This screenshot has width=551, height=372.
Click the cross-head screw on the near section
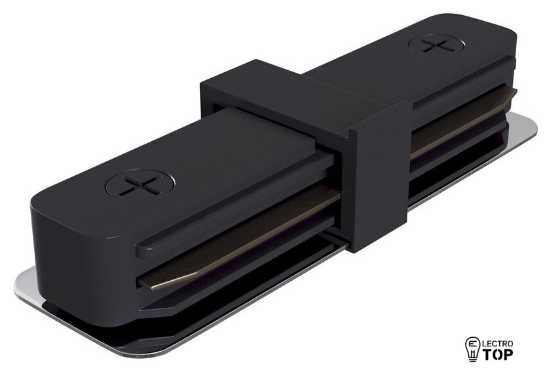tap(140, 184)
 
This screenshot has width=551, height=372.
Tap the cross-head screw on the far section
tap(436, 45)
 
